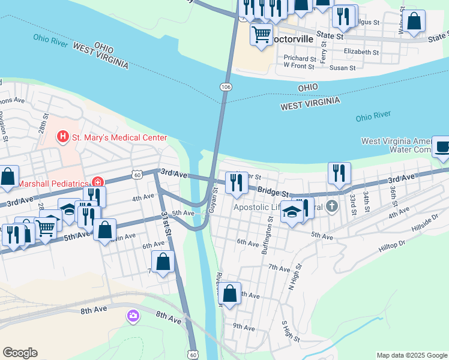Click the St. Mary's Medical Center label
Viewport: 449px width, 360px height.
point(119,137)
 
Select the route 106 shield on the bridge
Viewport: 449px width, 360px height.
point(226,87)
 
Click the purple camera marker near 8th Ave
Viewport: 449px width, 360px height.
point(133,315)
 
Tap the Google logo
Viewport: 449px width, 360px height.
point(20,353)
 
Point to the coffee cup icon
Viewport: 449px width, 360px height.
point(442,146)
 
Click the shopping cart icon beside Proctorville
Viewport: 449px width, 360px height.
point(261,34)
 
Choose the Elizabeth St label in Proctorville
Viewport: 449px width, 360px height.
point(361,52)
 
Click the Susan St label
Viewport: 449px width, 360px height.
point(343,68)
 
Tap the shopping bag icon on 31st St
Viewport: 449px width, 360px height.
point(163,262)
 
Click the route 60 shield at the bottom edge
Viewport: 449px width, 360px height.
point(193,354)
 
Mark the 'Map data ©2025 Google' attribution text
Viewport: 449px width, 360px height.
point(412,355)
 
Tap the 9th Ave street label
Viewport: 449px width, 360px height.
point(244,326)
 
